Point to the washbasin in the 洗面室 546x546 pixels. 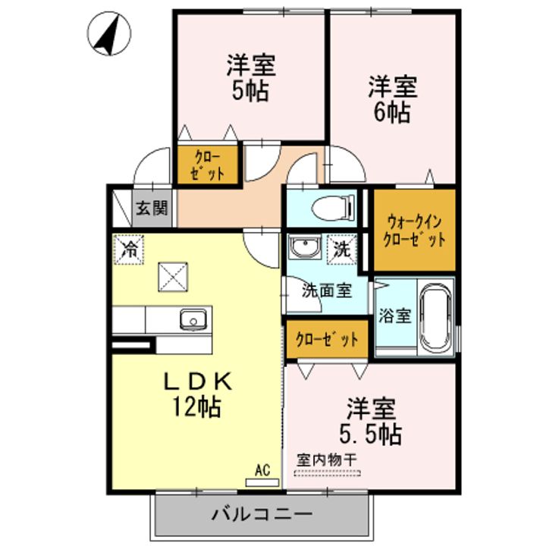(x=306, y=249)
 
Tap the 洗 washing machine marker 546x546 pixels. (x=341, y=248)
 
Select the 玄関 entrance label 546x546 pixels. (x=152, y=207)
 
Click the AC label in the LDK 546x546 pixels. (x=262, y=470)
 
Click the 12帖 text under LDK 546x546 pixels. (x=196, y=407)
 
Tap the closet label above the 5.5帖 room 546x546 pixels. (x=327, y=339)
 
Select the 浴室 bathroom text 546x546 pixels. (x=394, y=315)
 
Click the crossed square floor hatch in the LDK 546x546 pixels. (x=173, y=276)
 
